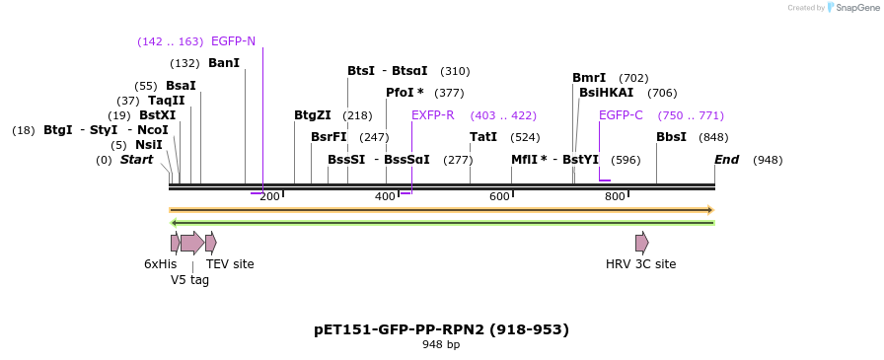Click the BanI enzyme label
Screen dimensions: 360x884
point(224,63)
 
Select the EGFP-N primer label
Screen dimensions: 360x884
point(233,41)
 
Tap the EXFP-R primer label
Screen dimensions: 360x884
point(432,115)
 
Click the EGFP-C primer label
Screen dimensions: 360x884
point(621,115)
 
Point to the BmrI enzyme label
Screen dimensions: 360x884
point(589,78)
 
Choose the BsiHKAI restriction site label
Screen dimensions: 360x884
point(607,93)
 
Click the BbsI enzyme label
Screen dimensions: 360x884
point(671,137)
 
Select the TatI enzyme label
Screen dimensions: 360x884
point(483,137)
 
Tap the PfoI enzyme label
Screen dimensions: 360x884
point(405,93)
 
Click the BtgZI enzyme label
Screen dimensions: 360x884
point(313,115)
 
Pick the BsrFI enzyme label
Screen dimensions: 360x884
point(329,137)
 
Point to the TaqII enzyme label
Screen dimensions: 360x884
point(166,101)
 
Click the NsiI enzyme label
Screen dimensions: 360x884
point(149,145)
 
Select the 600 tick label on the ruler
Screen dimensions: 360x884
point(500,197)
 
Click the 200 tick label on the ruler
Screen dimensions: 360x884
point(269,197)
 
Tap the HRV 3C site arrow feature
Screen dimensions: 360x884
point(641,243)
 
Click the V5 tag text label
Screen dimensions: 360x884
point(189,279)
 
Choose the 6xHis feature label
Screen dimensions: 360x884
point(160,264)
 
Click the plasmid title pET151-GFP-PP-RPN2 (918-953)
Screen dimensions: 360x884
point(441,329)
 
